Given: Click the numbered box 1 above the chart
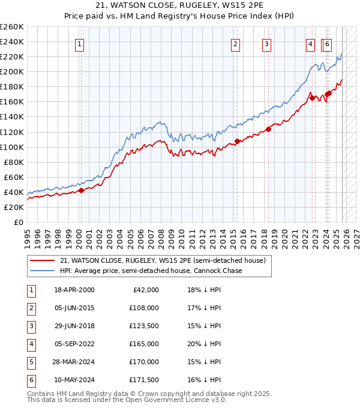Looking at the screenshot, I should click(80, 44).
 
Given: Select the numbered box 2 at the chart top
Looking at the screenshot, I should click(235, 44).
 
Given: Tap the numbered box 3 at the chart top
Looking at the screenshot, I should click(266, 44).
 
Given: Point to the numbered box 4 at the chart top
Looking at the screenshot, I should click(310, 44).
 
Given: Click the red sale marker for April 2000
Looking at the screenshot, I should click(81, 190).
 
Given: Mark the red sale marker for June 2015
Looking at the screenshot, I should click(237, 141).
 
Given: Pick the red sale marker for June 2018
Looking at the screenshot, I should click(269, 129).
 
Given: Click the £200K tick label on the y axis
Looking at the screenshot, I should click(12, 71).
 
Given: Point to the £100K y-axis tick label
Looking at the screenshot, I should click(12, 147).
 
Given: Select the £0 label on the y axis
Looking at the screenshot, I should click(19, 222).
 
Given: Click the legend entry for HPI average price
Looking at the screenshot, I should click(151, 271).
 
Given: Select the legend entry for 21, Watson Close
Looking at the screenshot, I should click(163, 260).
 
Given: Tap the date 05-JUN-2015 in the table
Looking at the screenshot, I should click(74, 308).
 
